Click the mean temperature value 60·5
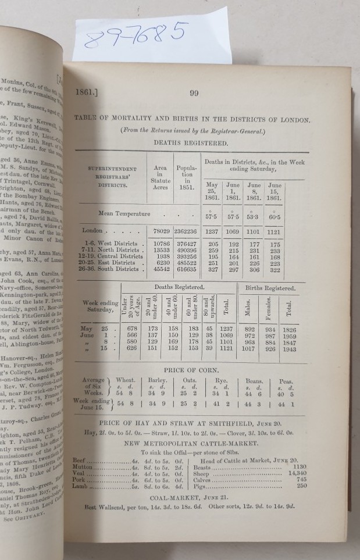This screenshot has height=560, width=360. [x=275, y=217]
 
